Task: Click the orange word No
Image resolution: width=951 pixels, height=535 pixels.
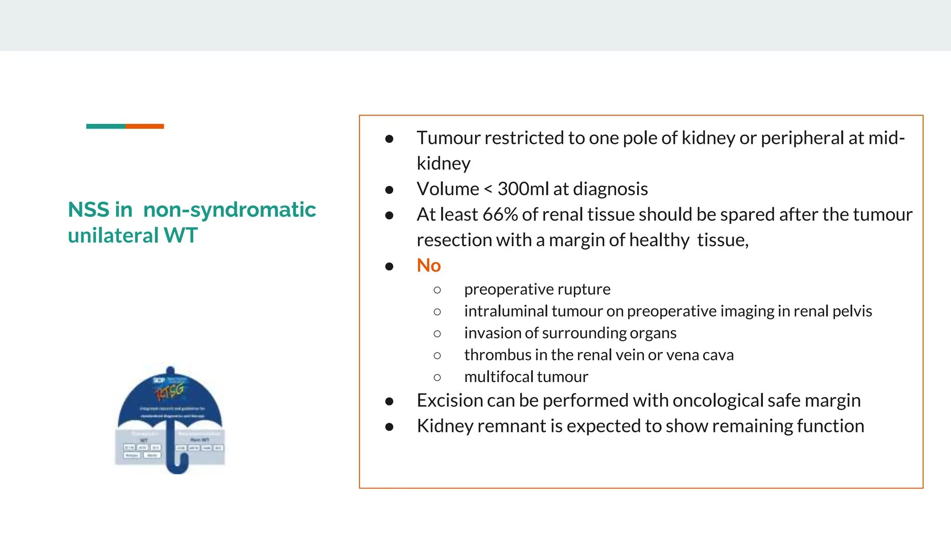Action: [428, 266]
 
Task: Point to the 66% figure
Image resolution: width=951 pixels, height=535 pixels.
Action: [500, 215]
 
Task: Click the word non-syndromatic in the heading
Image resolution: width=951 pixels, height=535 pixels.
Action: [229, 209]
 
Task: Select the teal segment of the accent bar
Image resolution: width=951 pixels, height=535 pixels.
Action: [105, 126]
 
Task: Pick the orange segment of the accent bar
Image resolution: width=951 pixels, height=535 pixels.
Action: [144, 126]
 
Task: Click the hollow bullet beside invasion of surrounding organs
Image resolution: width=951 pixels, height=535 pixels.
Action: [437, 333]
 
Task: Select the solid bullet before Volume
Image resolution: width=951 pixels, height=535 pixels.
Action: [389, 189]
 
